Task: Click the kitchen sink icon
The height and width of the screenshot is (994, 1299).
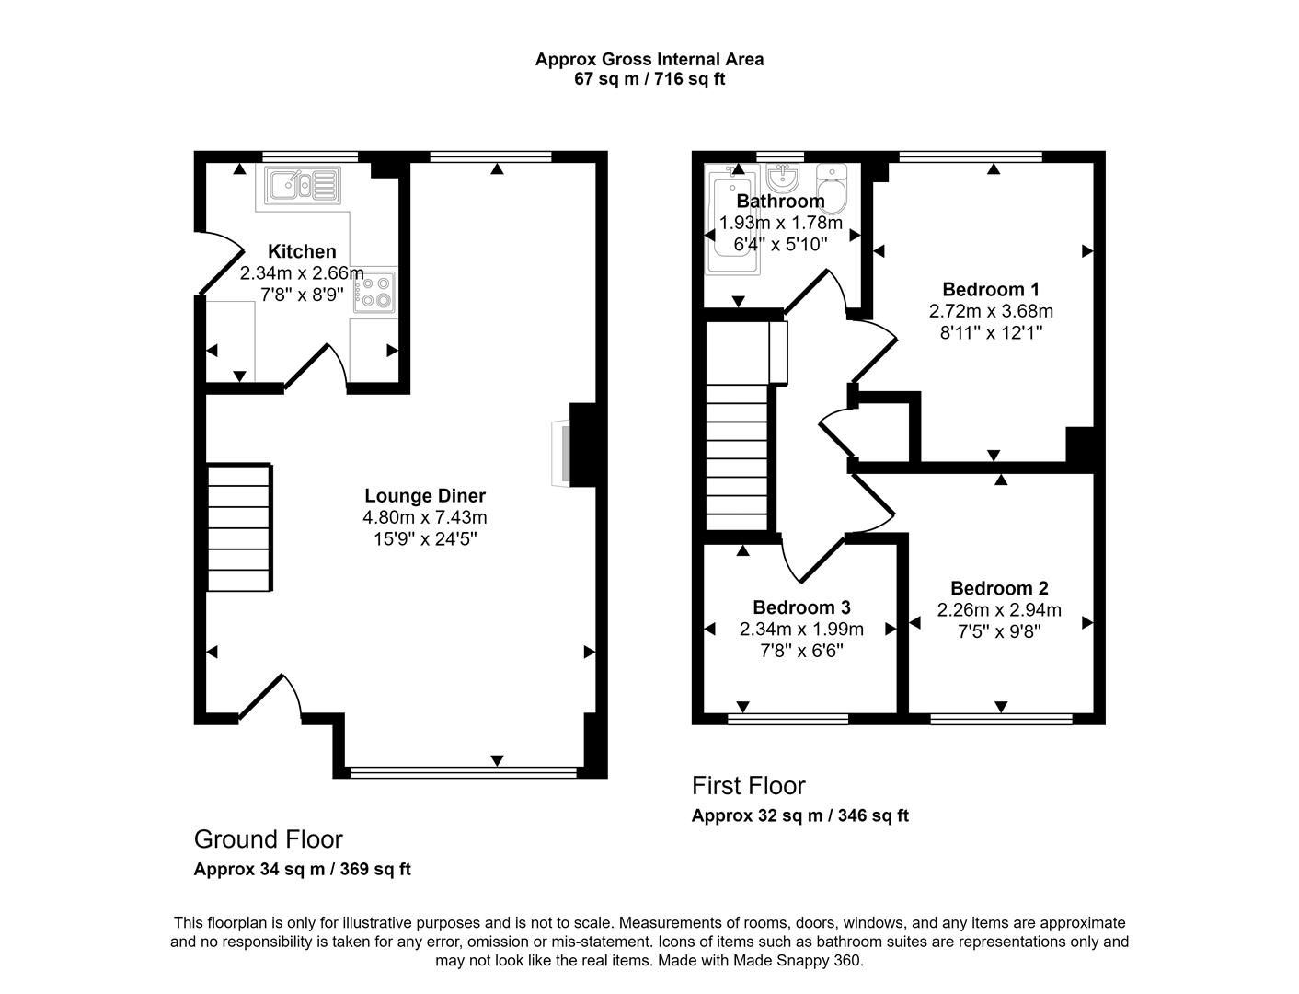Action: pos(303,185)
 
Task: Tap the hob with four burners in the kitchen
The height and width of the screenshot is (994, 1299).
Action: pos(374,292)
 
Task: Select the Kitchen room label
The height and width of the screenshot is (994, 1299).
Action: pos(302,251)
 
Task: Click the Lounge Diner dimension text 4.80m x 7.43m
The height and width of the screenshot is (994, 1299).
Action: pos(424,517)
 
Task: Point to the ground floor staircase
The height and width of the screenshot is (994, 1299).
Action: pos(239,527)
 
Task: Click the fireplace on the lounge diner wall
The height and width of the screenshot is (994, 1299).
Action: pos(560,454)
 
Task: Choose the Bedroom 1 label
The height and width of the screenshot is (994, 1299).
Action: pos(991,289)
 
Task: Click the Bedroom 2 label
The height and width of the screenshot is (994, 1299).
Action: pos(999,588)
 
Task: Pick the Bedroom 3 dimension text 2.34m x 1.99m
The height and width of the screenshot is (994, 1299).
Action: pos(801,630)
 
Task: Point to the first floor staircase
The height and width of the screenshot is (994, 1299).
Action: pos(736,457)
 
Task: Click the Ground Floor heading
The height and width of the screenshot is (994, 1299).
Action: pos(268,839)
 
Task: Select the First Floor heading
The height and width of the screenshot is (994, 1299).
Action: pos(748,786)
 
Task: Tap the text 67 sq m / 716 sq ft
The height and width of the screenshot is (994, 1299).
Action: pos(649,79)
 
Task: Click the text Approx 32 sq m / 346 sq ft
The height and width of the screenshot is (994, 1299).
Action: pos(799,815)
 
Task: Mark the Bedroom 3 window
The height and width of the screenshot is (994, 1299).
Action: pos(787,719)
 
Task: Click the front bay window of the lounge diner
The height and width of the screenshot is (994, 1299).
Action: pos(464,773)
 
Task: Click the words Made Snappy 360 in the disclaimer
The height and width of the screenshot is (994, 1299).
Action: pos(798,961)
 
